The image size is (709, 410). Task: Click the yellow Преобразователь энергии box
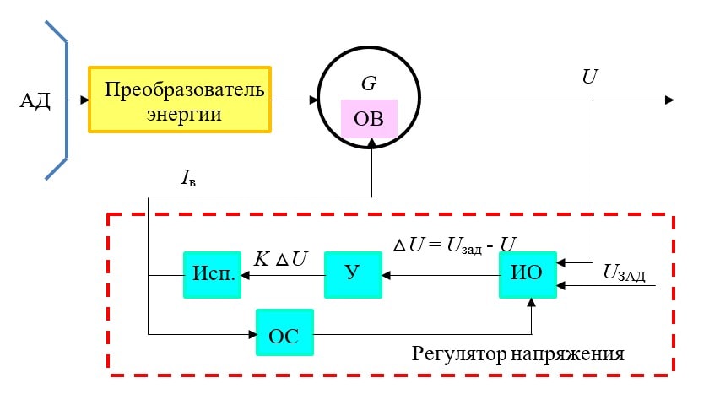(180, 100)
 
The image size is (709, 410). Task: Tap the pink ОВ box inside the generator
(368, 119)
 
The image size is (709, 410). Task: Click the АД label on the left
(35, 101)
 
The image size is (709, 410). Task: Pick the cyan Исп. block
(212, 274)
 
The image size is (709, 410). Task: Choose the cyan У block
(353, 274)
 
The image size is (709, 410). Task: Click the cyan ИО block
(528, 274)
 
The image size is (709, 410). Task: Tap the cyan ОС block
(284, 334)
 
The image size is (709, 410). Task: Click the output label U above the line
(590, 77)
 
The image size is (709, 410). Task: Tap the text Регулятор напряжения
(517, 353)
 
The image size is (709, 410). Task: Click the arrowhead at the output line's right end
(668, 100)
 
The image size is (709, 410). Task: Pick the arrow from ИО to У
(439, 274)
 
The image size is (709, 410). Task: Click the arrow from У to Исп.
(282, 274)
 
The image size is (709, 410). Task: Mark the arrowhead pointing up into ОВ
(371, 143)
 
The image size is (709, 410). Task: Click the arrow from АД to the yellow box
(78, 100)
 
